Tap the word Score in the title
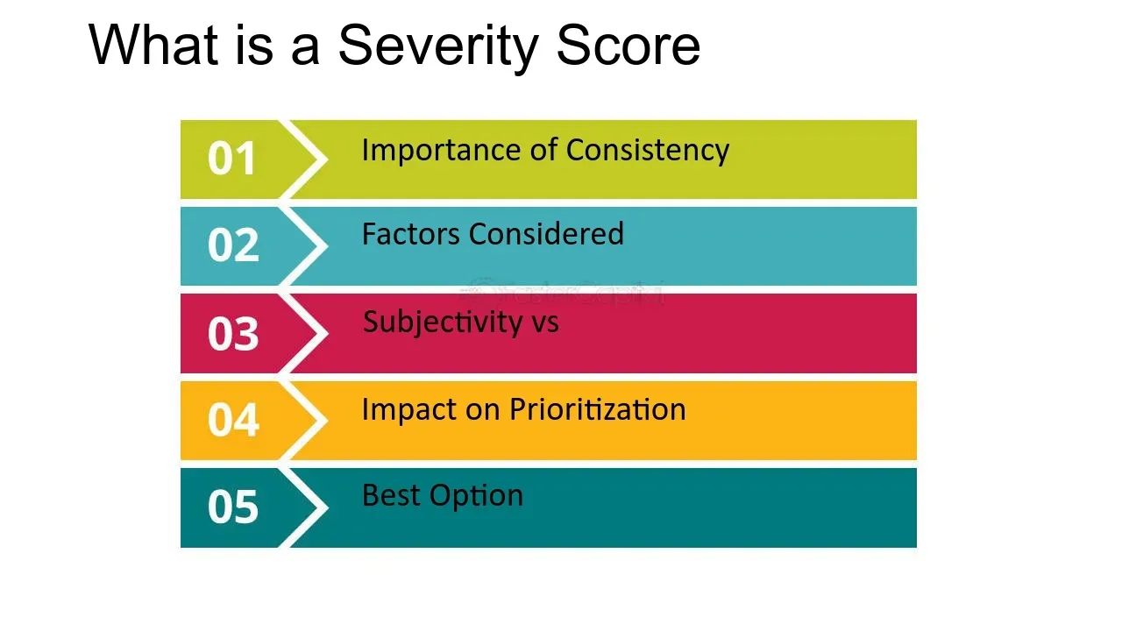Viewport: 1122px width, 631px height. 628,46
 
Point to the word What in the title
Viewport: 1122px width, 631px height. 153,45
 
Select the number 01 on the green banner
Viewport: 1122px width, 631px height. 232,159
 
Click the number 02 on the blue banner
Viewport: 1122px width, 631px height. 233,245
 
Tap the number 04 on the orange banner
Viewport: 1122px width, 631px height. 233,420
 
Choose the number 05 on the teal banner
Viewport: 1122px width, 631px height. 233,507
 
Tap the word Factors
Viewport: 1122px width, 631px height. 411,234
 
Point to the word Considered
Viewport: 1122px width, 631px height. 546,234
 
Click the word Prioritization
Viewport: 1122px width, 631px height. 598,409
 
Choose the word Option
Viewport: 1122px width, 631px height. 476,497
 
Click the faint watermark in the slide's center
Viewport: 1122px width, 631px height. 562,292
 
